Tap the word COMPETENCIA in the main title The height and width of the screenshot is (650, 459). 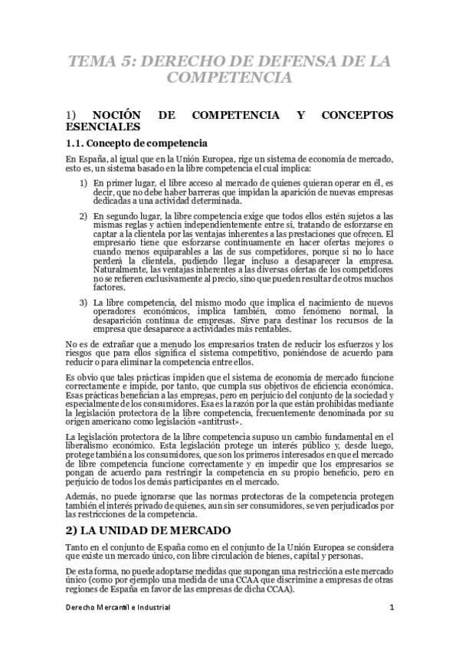click(x=229, y=77)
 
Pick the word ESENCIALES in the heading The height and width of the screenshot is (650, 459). click(x=103, y=126)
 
